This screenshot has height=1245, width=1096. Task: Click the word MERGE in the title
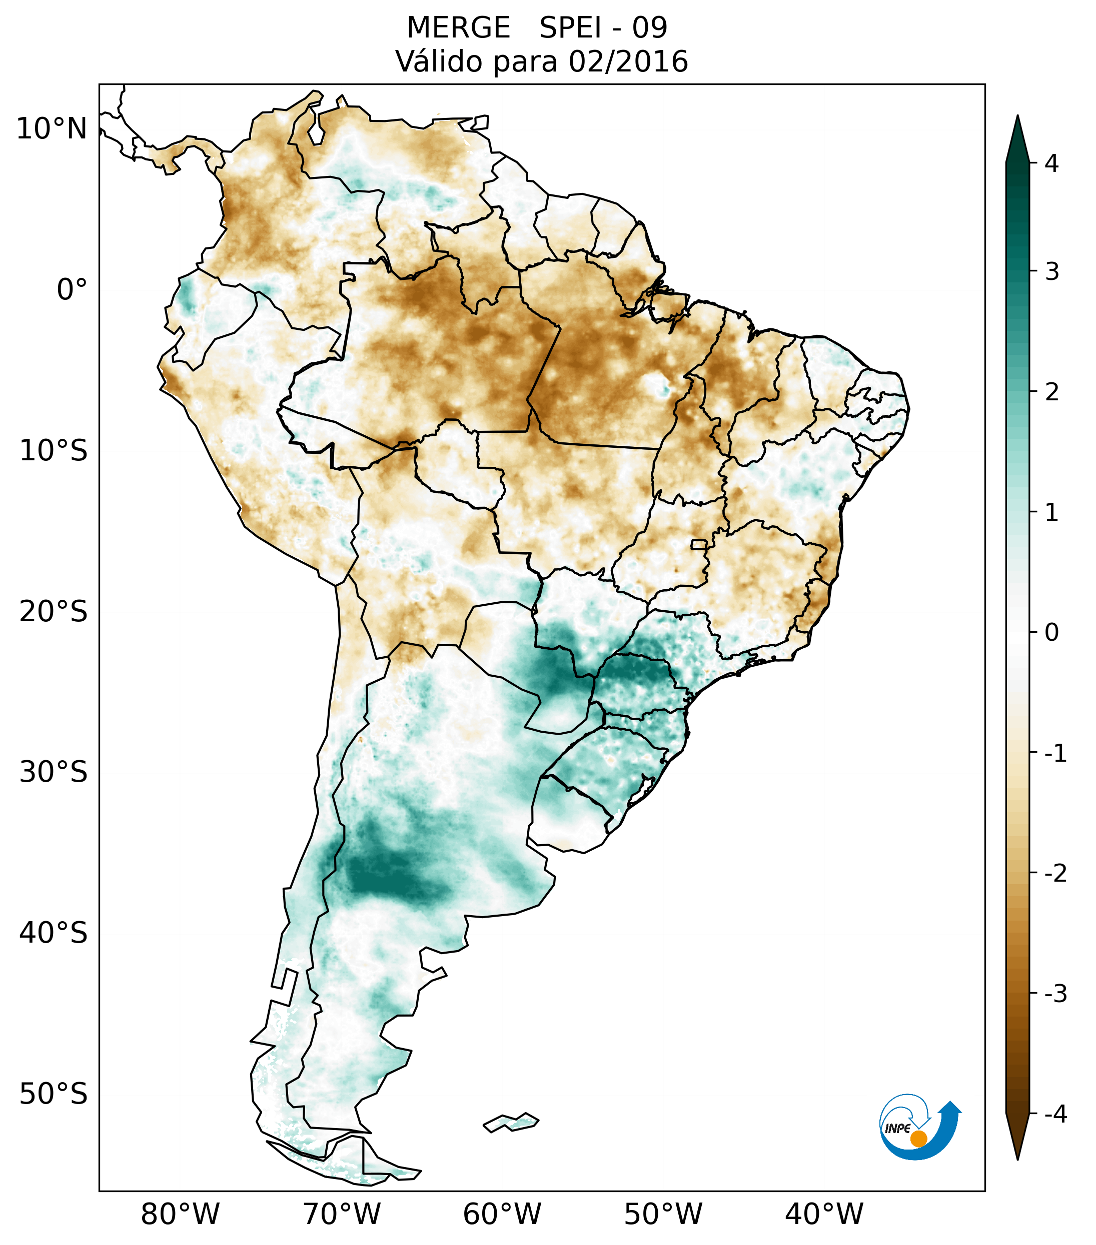click(458, 28)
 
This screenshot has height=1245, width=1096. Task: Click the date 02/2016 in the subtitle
click(628, 61)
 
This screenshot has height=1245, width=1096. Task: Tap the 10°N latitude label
click(52, 129)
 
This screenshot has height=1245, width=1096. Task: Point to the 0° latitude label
click(72, 290)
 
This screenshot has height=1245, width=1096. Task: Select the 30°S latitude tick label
click(54, 772)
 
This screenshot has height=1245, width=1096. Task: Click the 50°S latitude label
click(54, 1094)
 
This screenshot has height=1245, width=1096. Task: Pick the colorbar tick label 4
click(1051, 163)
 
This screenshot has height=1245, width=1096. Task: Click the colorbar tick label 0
click(1051, 633)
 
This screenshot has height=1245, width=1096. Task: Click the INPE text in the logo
click(898, 1129)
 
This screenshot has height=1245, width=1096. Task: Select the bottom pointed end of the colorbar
click(1017, 1158)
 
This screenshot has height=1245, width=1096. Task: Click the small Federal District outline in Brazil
click(699, 544)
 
